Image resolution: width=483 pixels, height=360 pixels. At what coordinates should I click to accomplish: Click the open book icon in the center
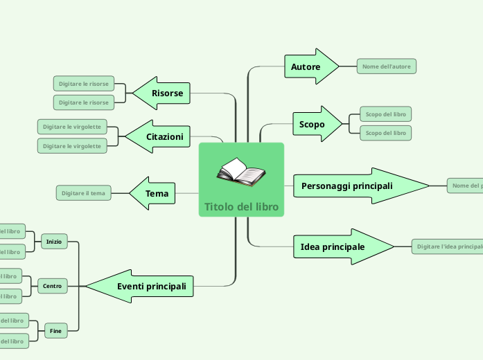(240, 172)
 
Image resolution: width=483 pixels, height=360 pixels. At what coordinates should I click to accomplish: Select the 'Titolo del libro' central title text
(241, 207)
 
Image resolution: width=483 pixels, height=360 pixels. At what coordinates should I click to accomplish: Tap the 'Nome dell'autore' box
(387, 66)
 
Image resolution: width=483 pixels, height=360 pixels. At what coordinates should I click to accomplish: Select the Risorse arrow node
(164, 93)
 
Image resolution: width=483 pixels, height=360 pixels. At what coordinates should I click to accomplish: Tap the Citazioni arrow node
(161, 136)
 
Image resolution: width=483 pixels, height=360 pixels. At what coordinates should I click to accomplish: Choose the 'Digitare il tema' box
(83, 192)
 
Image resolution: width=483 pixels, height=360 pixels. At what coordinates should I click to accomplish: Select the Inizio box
(53, 242)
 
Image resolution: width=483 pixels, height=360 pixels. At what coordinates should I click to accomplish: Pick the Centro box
(52, 286)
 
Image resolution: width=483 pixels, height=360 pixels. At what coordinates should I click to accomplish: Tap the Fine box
(55, 332)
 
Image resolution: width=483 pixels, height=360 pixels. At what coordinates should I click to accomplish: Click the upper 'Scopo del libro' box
(386, 114)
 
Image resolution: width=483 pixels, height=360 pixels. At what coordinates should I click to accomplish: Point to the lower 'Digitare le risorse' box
(84, 102)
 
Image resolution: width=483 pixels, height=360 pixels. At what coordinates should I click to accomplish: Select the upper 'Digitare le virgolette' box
(72, 127)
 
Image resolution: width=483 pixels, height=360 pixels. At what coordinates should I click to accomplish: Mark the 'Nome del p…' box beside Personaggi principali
(466, 186)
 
